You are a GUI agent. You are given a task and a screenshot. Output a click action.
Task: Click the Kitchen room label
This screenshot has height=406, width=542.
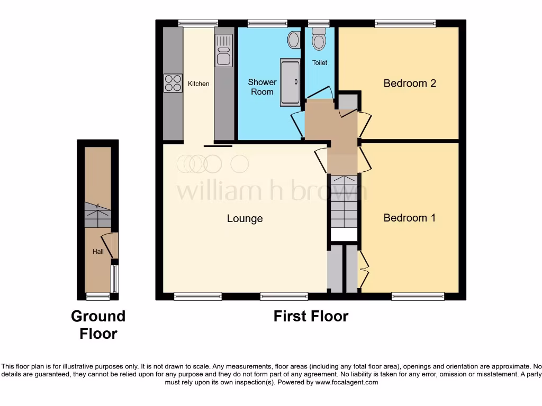pyautogui.click(x=198, y=84)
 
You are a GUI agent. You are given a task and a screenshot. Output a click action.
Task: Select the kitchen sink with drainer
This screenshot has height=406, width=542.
pyautogui.click(x=223, y=50)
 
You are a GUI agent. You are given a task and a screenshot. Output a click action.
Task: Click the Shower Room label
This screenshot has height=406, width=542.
pyautogui.click(x=262, y=87)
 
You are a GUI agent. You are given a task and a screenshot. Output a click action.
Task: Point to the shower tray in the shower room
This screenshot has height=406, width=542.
pyautogui.click(x=290, y=81)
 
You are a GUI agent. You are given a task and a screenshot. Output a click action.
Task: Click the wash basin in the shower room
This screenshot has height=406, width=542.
pyautogui.click(x=294, y=40)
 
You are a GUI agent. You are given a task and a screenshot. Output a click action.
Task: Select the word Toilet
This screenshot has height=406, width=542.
pyautogui.click(x=320, y=62)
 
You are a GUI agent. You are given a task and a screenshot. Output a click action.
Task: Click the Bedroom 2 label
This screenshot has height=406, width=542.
pyautogui.click(x=410, y=83)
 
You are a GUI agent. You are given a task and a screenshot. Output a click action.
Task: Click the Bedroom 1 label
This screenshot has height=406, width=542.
pyautogui.click(x=410, y=217)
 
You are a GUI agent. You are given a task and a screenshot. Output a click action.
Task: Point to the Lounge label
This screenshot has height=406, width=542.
pyautogui.click(x=245, y=218)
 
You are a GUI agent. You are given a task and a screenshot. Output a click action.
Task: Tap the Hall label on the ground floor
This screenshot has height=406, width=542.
pyautogui.click(x=98, y=252)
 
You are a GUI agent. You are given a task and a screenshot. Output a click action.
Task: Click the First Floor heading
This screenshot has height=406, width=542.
pyautogui.click(x=311, y=316)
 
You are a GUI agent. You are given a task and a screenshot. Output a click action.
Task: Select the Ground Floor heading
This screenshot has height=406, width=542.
pyautogui.click(x=98, y=325)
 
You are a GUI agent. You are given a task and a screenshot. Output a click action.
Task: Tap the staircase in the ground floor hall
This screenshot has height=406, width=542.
pyautogui.click(x=97, y=215)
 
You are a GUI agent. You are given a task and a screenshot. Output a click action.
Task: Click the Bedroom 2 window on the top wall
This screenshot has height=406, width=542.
pyautogui.click(x=405, y=23)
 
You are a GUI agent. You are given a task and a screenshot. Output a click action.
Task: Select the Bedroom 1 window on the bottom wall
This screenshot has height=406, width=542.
pyautogui.click(x=418, y=297)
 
